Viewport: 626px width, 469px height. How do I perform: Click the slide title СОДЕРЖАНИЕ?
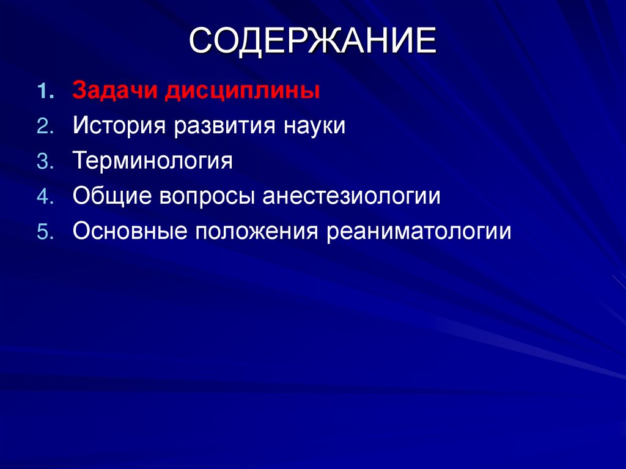point(312,43)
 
